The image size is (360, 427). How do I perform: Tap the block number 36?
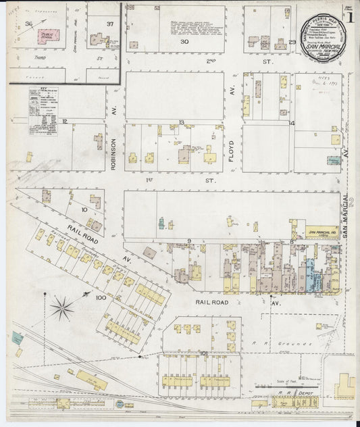click(x=28, y=24)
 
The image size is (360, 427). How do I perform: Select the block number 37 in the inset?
click(x=109, y=24)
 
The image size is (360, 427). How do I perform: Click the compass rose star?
click(x=62, y=309)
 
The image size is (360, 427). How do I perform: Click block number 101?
click(x=205, y=352)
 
